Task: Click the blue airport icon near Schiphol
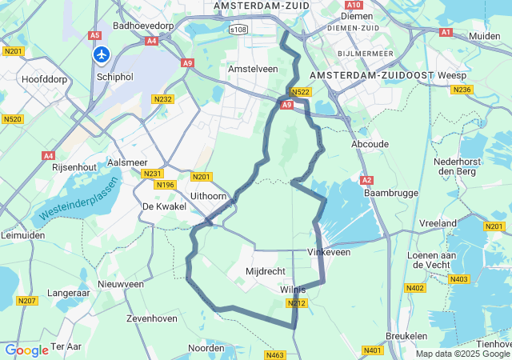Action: tap(102, 54)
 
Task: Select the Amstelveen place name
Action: tap(253, 70)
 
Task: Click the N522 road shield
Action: tap(300, 93)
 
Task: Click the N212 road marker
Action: tap(296, 303)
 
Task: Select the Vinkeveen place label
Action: tap(329, 251)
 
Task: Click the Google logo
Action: tap(26, 350)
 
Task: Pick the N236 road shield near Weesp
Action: tap(462, 89)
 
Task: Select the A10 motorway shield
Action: tap(355, 5)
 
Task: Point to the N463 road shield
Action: tap(275, 354)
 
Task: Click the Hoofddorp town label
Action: tap(47, 80)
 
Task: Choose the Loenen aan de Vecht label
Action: tap(433, 261)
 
